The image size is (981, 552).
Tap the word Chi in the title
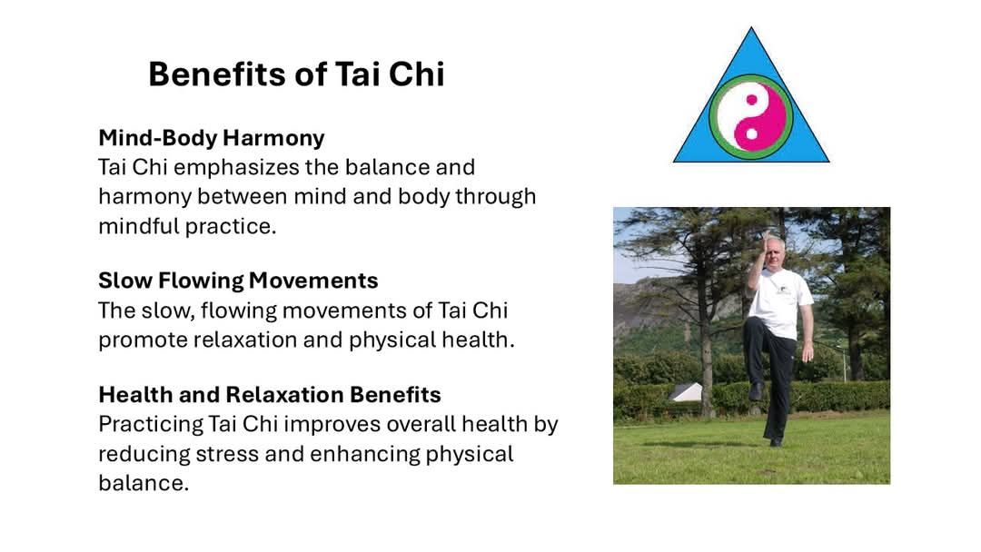(x=417, y=74)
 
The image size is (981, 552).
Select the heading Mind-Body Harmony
(x=212, y=138)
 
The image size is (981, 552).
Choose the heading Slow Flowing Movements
(x=238, y=281)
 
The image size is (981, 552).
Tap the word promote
(x=143, y=341)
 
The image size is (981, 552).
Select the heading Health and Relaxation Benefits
(x=270, y=394)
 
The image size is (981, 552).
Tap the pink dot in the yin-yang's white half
(x=751, y=100)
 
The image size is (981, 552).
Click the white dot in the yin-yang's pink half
(x=751, y=133)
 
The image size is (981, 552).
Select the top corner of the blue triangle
(x=751, y=27)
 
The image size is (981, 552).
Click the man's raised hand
(x=765, y=241)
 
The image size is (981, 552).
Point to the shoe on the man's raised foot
(x=756, y=391)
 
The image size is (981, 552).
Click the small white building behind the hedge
(x=687, y=392)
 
